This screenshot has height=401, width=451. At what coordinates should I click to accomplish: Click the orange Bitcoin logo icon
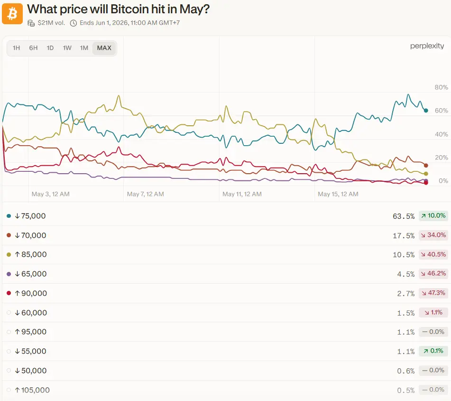click(x=12, y=14)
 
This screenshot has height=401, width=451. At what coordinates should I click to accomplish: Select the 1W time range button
click(x=67, y=48)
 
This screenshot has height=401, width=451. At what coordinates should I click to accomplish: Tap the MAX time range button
click(x=104, y=48)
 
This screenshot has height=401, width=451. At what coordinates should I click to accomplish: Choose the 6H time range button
click(x=33, y=48)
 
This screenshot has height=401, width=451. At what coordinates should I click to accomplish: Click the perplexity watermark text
click(x=427, y=46)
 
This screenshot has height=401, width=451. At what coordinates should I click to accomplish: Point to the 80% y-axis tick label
click(x=441, y=87)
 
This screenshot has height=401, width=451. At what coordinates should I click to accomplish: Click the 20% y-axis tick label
click(x=441, y=158)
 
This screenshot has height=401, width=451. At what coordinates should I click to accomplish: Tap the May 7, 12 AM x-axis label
click(x=146, y=194)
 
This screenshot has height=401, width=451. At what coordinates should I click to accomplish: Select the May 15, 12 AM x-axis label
click(x=338, y=194)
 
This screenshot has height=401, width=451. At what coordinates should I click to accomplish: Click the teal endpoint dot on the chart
click(x=426, y=111)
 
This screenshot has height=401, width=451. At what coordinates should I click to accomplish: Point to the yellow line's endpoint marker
click(x=426, y=174)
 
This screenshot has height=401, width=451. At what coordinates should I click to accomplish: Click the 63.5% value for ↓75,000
click(x=404, y=216)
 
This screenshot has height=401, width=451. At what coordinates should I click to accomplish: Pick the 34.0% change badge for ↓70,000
click(x=433, y=235)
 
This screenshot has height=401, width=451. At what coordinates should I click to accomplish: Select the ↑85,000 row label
click(x=31, y=254)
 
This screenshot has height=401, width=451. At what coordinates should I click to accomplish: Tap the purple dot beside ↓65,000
click(x=9, y=274)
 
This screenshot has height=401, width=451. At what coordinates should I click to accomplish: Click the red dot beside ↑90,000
click(x=9, y=293)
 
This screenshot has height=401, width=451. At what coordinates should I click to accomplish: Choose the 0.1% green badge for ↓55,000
click(x=433, y=351)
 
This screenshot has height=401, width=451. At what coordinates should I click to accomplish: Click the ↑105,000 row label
click(x=32, y=390)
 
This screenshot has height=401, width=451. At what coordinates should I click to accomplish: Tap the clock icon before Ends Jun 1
click(x=74, y=23)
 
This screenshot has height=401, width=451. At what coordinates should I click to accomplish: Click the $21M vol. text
click(x=51, y=23)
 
